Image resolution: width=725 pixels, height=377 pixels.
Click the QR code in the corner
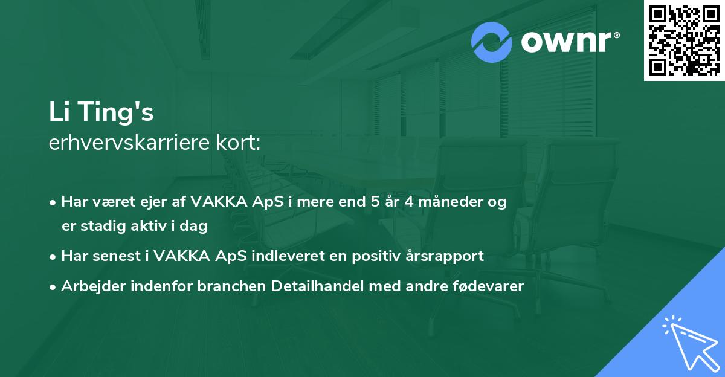684,40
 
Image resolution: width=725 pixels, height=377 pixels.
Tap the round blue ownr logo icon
492,42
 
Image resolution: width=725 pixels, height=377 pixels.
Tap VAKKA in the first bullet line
216,202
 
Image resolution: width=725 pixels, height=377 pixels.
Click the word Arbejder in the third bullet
89,286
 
